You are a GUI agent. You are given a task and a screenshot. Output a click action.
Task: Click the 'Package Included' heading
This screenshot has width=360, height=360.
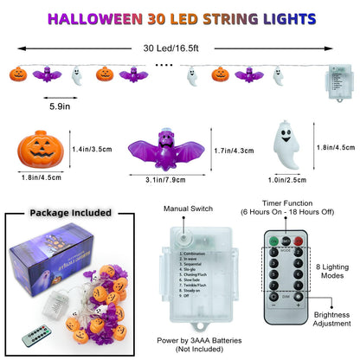point(70,213)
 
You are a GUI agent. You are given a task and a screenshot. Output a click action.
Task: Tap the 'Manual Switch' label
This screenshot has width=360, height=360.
point(187,210)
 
